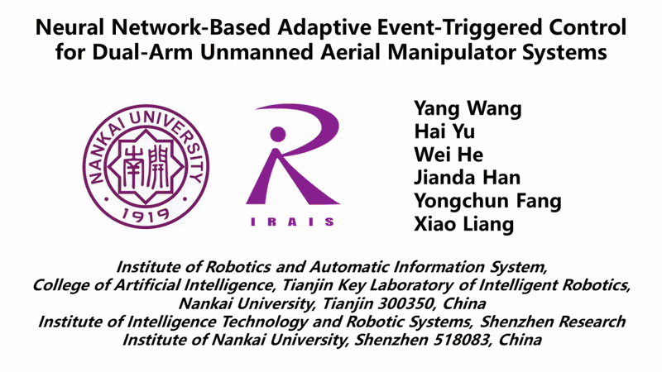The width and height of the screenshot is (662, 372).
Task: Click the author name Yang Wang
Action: click(468, 109)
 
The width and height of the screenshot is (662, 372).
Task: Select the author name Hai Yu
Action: click(444, 131)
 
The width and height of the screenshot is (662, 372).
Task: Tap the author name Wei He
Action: click(449, 155)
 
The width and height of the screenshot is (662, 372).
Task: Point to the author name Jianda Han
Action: click(467, 178)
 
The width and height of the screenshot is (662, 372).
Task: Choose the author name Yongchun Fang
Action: click(487, 201)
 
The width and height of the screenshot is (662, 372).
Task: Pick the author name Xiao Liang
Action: click(464, 224)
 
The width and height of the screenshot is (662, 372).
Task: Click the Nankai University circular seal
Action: click(146, 167)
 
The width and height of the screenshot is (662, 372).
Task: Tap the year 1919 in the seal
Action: click(146, 216)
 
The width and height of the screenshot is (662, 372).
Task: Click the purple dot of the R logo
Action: click(278, 134)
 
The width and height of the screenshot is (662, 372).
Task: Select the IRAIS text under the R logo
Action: click(293, 222)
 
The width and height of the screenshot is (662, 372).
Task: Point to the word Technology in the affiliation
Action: click(264, 322)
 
